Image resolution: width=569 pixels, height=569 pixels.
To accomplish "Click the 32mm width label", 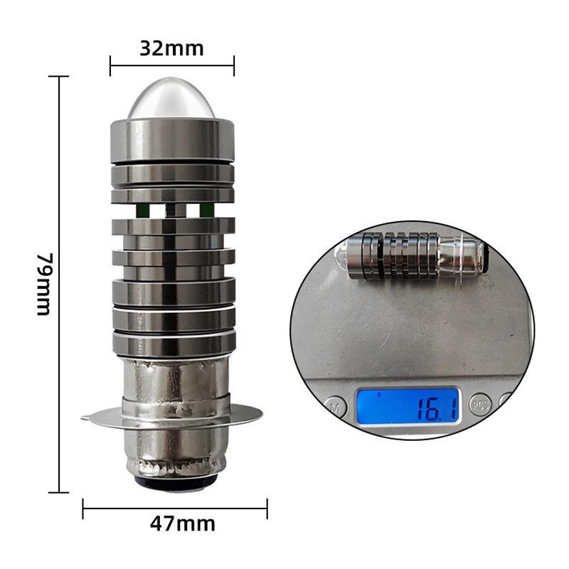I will [171, 48].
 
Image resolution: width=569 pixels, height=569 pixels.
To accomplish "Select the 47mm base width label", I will [182, 524].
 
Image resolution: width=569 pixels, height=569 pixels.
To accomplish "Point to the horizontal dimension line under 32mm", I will [171, 65].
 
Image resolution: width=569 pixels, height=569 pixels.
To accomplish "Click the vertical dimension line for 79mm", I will [58, 284].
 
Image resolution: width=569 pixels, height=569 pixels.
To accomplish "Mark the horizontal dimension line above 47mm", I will [175, 507].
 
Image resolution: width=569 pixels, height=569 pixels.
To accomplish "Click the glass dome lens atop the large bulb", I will [171, 99].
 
